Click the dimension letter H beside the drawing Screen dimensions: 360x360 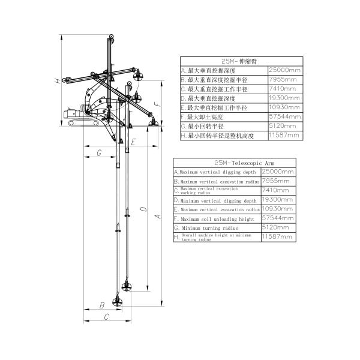click(57, 80)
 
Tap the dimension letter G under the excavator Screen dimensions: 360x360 click(98, 154)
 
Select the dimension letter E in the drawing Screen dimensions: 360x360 click(133, 142)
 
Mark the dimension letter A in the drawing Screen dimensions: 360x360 click(158, 217)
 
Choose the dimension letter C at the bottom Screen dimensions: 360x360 click(106, 316)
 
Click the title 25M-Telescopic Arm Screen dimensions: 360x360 click(235, 162)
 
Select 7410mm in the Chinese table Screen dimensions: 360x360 click(282, 89)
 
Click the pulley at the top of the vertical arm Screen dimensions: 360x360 click(110, 40)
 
